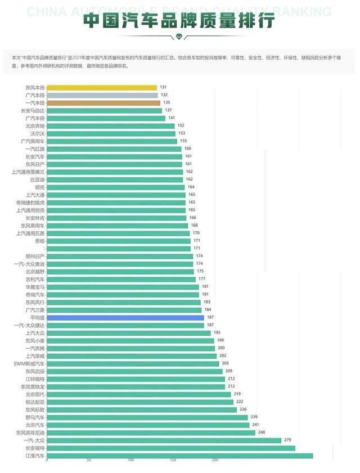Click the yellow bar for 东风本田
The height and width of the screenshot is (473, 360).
102,88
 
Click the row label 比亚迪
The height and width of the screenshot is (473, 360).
37,179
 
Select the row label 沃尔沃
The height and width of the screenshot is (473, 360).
37,133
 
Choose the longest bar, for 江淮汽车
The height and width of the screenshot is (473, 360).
180,456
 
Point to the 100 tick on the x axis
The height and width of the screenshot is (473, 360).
131,461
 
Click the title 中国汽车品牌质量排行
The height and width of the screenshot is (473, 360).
179,21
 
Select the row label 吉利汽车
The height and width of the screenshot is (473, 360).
35,279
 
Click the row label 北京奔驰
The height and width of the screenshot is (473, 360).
35,126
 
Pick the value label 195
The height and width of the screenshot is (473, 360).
217,333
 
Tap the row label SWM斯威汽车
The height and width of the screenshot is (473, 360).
29,363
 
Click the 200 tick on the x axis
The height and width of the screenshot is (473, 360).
215,461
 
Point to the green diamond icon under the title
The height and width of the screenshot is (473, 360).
179,37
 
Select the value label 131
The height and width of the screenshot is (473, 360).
164,88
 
